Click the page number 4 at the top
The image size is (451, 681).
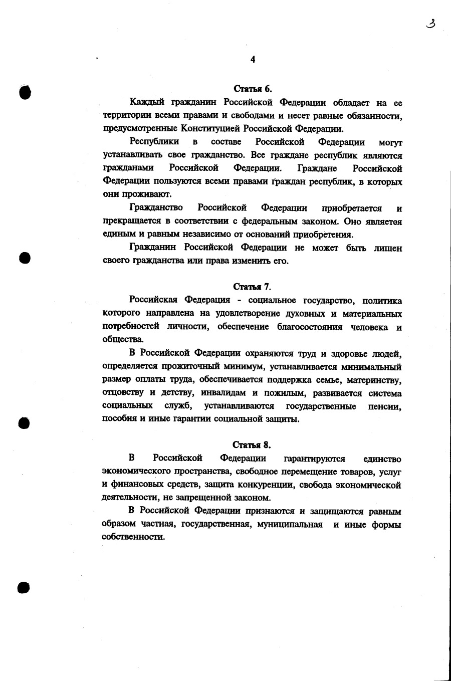pos(253,60)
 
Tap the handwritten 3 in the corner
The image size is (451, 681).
pos(430,24)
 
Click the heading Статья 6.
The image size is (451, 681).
pos(253,89)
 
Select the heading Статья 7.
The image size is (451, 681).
pos(252,287)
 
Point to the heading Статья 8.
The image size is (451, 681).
pos(252,444)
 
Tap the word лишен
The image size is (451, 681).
pos(388,248)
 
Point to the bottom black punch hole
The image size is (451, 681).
pos(24,587)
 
